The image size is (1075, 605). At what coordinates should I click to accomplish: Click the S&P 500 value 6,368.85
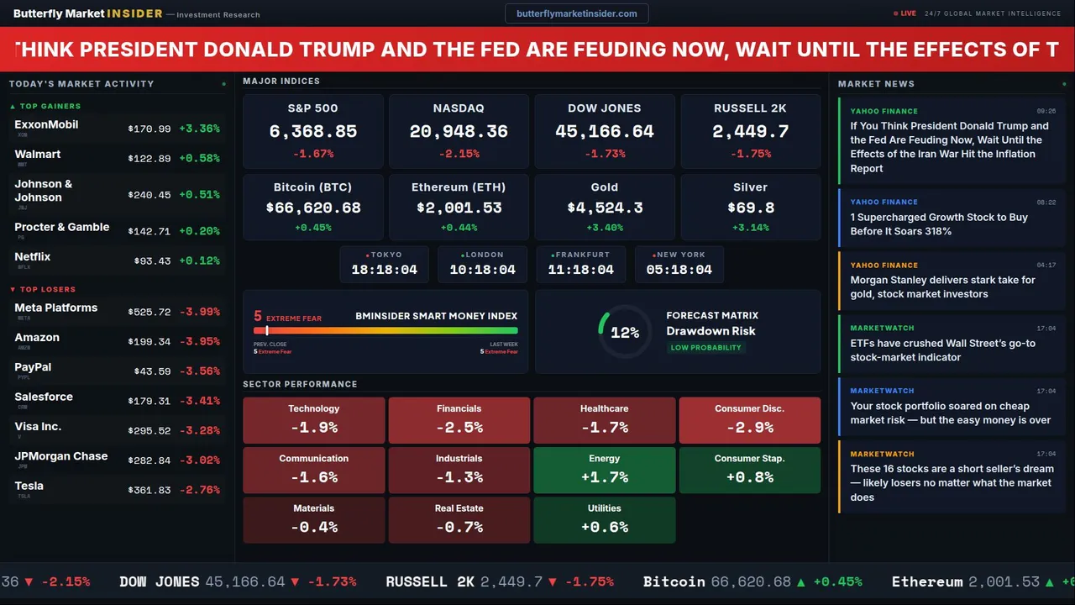[x=312, y=132]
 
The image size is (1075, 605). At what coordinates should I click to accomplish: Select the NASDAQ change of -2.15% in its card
[x=459, y=154]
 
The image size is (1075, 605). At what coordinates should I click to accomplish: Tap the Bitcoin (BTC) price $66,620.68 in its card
[x=312, y=208]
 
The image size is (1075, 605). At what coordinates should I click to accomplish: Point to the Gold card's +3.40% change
[x=604, y=228]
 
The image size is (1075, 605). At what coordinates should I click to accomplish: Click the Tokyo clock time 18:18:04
[x=384, y=270]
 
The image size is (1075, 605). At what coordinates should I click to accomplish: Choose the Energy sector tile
[x=604, y=470]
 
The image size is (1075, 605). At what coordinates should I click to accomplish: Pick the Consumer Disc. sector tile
[x=749, y=420]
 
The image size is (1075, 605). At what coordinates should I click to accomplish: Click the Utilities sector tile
[x=604, y=519]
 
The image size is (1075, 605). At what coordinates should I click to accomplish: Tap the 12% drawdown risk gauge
[x=625, y=333]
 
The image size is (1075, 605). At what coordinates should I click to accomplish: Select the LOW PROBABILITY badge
[x=705, y=348]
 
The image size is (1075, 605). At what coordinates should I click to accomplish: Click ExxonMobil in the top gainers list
[x=46, y=124]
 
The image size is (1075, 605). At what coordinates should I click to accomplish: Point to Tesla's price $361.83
[x=149, y=490]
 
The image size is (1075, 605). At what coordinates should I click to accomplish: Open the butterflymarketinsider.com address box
[x=576, y=13]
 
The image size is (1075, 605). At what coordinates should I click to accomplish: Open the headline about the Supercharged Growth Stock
[x=938, y=224]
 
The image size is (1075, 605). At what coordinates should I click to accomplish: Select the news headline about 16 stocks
[x=951, y=482]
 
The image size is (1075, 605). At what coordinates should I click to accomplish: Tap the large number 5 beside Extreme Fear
[x=258, y=317]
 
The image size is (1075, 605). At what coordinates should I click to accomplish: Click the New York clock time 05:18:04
[x=679, y=270]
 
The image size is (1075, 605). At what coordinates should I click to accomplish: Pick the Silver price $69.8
[x=750, y=208]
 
